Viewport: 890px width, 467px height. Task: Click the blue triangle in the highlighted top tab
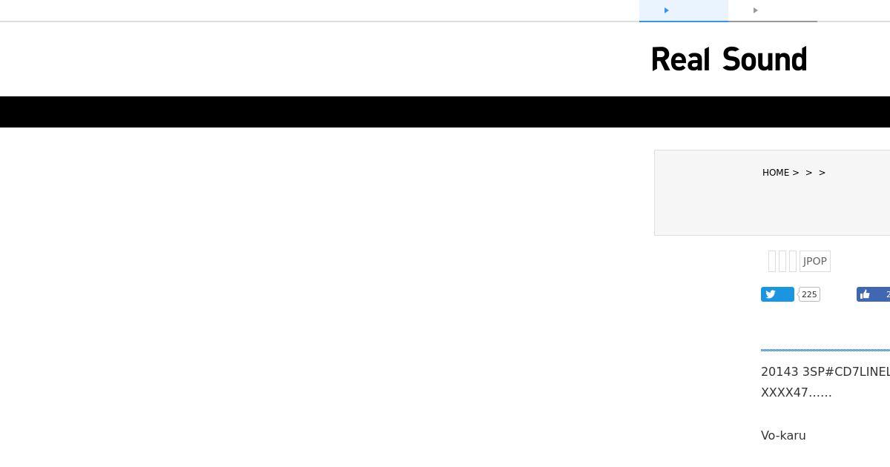[x=667, y=10]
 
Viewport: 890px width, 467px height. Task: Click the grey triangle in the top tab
[x=756, y=10]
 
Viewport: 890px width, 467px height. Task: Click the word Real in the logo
[x=680, y=60]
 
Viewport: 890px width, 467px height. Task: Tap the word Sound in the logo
[x=764, y=60]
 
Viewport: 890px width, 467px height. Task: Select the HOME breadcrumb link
[x=776, y=173]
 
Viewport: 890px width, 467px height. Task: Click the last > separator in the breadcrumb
[x=823, y=173]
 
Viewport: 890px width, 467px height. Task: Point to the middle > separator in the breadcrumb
[x=809, y=173]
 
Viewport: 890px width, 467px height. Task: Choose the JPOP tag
[x=814, y=261]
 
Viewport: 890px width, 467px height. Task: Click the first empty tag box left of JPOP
[x=772, y=261]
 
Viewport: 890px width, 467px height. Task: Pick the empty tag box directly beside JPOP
[x=793, y=261]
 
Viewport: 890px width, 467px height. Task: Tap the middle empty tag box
[x=782, y=261]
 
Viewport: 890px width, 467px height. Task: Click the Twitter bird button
[x=777, y=294]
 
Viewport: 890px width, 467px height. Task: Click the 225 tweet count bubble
[x=809, y=294]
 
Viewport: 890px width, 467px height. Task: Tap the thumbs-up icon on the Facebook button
[x=865, y=294]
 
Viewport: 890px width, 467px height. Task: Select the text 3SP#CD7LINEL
[x=845, y=371]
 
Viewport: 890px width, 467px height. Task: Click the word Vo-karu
[x=783, y=435]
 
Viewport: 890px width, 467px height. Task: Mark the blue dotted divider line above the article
[x=825, y=349]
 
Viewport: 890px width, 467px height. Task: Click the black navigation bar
[x=445, y=112]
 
